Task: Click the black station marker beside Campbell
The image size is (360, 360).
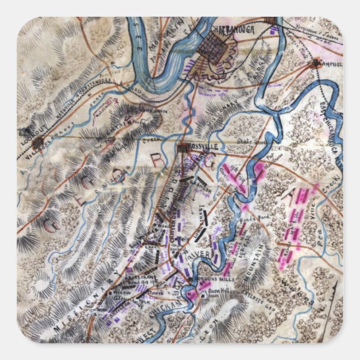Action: click(x=317, y=64)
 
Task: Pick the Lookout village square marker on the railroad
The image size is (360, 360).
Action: click(x=37, y=143)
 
